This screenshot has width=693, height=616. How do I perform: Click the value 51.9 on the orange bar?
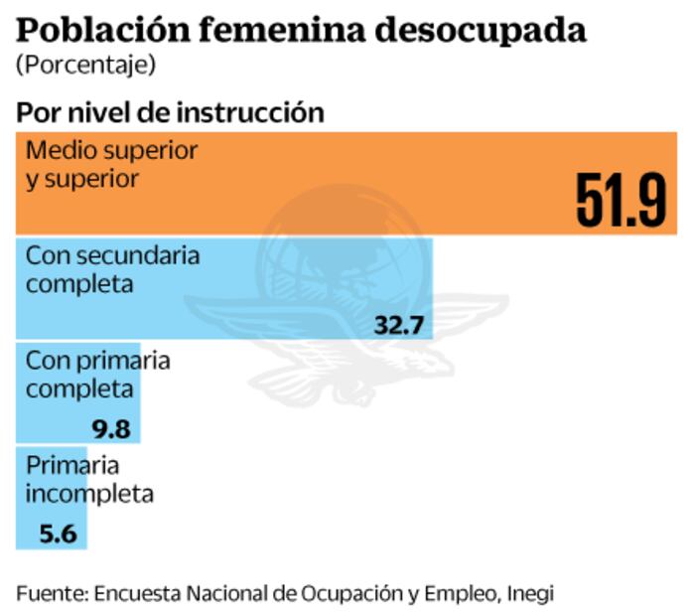click(x=621, y=201)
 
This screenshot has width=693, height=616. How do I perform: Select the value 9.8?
click(x=111, y=429)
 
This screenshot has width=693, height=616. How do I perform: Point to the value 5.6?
click(x=58, y=535)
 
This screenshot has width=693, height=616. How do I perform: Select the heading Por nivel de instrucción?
click(x=170, y=112)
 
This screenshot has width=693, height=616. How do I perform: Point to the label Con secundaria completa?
click(x=112, y=269)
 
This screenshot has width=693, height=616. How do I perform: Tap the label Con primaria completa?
click(x=97, y=374)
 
